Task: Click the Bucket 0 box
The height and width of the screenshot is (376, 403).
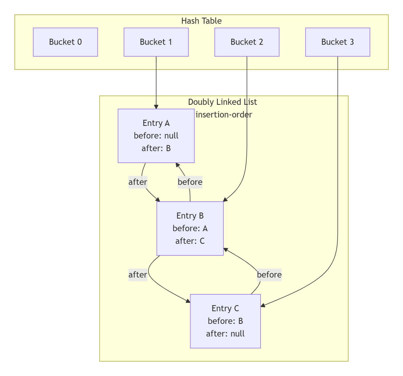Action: [65, 42]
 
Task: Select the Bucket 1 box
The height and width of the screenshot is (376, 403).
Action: [156, 42]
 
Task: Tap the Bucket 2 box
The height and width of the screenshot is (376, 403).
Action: [247, 42]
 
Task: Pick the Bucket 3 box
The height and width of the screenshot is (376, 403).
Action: [338, 42]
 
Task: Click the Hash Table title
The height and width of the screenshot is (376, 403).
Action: [201, 21]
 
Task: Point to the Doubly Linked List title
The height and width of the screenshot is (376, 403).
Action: [222, 102]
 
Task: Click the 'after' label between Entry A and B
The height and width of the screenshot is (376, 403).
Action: [138, 182]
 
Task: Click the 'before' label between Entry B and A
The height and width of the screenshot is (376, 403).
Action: [190, 182]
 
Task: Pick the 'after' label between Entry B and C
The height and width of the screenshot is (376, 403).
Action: [138, 275]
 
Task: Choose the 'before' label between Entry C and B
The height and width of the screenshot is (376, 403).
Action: [269, 275]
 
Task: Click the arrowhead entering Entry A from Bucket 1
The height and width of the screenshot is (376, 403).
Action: [156, 107]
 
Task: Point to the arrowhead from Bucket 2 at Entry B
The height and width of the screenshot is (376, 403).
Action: [225, 200]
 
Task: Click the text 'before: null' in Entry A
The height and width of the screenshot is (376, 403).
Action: [156, 136]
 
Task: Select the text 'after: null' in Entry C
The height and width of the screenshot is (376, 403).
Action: [225, 334]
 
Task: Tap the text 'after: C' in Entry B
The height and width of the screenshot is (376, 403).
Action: [190, 241]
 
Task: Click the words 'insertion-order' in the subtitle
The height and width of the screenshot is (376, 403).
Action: [224, 115]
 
